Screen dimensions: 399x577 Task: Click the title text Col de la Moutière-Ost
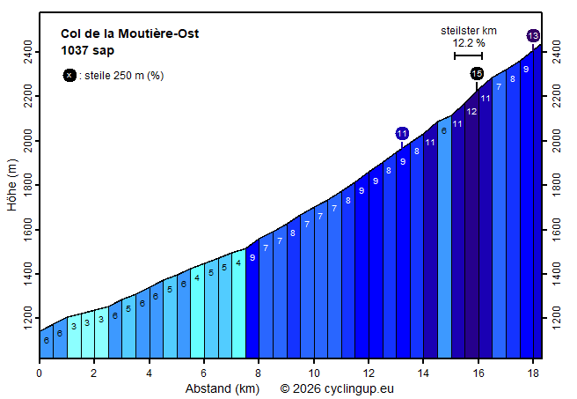(129, 34)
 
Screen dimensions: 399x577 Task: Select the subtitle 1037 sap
(87, 50)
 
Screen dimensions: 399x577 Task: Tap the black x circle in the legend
(69, 76)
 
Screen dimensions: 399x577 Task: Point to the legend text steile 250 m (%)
(124, 76)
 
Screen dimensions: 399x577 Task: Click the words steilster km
(469, 31)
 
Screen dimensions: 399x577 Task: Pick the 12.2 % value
(469, 42)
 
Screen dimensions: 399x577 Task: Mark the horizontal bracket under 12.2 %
(468, 55)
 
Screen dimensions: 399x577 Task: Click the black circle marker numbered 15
(477, 73)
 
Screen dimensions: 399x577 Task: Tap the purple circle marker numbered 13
(533, 35)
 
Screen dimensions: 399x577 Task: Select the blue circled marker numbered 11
(402, 133)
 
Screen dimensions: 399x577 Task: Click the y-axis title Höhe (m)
(12, 184)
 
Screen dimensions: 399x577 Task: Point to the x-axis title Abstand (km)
(222, 388)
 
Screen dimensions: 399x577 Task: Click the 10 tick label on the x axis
(313, 373)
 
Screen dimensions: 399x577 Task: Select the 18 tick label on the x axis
(532, 373)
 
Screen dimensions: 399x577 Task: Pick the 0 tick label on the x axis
(40, 373)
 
